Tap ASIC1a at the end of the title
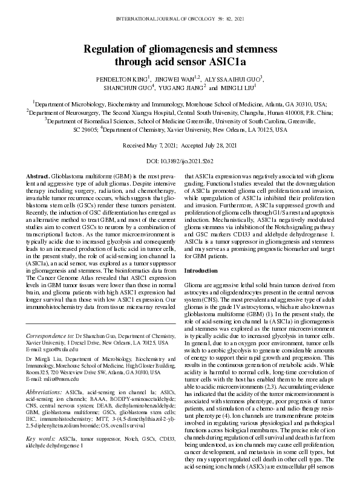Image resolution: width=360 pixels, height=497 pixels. click(x=229, y=61)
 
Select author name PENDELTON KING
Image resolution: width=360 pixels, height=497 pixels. click(x=120, y=79)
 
